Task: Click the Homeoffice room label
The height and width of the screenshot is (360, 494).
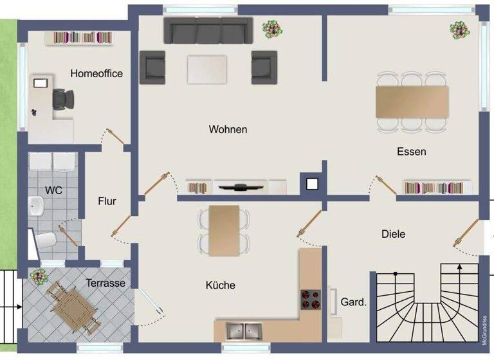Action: pos(96,73)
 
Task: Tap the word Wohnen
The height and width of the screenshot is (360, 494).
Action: pos(228,129)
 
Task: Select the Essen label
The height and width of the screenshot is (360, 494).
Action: pos(412,152)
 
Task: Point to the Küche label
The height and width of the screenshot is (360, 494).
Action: pos(221,285)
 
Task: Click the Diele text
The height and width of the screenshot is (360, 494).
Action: pos(393,234)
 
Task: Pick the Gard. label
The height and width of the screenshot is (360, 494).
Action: pos(353,301)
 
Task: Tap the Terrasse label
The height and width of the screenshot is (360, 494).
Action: pos(105,283)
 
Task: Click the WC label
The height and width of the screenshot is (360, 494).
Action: pos(53,190)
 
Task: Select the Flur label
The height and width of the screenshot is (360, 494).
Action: pos(107,201)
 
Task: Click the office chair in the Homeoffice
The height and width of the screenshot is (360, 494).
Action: pos(63,98)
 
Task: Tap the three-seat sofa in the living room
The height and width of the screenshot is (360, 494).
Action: pos(208,30)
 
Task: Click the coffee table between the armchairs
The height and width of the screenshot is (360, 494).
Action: pos(207,69)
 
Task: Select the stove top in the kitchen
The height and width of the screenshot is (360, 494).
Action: pos(311,299)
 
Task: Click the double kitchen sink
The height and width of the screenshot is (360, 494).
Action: pos(243,331)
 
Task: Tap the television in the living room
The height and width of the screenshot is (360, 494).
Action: pos(241,187)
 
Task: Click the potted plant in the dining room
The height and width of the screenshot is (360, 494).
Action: pos(459,29)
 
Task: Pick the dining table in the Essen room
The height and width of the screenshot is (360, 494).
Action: pos(412,102)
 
